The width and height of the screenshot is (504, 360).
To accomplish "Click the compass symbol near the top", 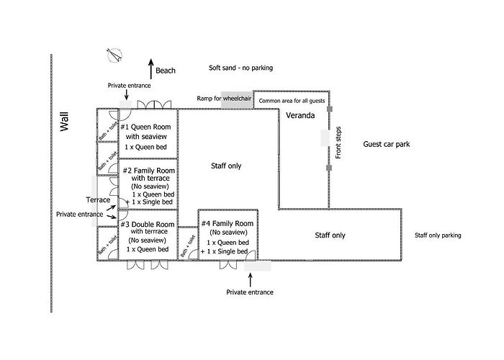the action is click(x=114, y=55).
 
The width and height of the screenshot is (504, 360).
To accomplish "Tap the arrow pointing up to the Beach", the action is click(x=151, y=69).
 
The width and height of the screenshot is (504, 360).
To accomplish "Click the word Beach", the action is click(x=166, y=71).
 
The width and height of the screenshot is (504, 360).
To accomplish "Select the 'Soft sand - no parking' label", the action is click(x=240, y=68).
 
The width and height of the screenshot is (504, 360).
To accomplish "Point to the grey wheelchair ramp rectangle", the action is click(x=237, y=100).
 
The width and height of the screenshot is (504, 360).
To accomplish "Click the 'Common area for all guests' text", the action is click(x=292, y=101).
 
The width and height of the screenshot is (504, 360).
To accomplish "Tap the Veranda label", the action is click(x=300, y=115).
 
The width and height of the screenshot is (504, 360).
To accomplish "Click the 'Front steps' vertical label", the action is click(x=338, y=143).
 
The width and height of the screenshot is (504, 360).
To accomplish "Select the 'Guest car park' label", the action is click(x=387, y=144).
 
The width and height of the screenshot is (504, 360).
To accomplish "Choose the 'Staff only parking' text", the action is click(x=438, y=235).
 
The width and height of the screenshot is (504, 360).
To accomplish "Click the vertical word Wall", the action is click(x=65, y=122).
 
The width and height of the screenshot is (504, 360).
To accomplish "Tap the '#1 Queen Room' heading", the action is click(x=145, y=127).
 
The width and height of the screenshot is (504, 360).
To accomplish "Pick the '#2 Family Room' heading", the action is click(x=149, y=171).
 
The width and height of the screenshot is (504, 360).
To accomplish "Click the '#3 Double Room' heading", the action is click(x=148, y=225).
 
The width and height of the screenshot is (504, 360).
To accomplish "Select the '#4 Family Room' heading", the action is click(x=228, y=223).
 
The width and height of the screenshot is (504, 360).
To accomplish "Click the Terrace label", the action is click(x=98, y=200).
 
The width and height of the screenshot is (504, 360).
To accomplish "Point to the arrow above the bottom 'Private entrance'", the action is click(x=251, y=279).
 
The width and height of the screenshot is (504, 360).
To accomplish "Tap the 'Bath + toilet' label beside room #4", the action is click(x=188, y=246).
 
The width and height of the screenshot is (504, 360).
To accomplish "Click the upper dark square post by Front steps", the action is click(x=330, y=109).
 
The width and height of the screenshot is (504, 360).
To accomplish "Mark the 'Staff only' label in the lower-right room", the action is click(x=330, y=235).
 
